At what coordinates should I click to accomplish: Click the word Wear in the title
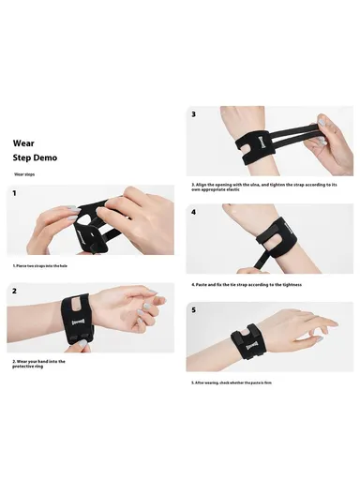click(23, 143)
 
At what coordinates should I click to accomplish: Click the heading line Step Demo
click(35, 157)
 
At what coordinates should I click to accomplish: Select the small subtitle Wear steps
click(24, 174)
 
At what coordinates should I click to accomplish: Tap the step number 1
click(15, 193)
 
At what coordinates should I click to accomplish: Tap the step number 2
click(15, 291)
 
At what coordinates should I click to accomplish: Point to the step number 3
click(194, 114)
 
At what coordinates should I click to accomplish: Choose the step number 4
click(194, 212)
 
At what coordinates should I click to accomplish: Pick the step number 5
click(194, 309)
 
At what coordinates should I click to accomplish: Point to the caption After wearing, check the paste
click(244, 381)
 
